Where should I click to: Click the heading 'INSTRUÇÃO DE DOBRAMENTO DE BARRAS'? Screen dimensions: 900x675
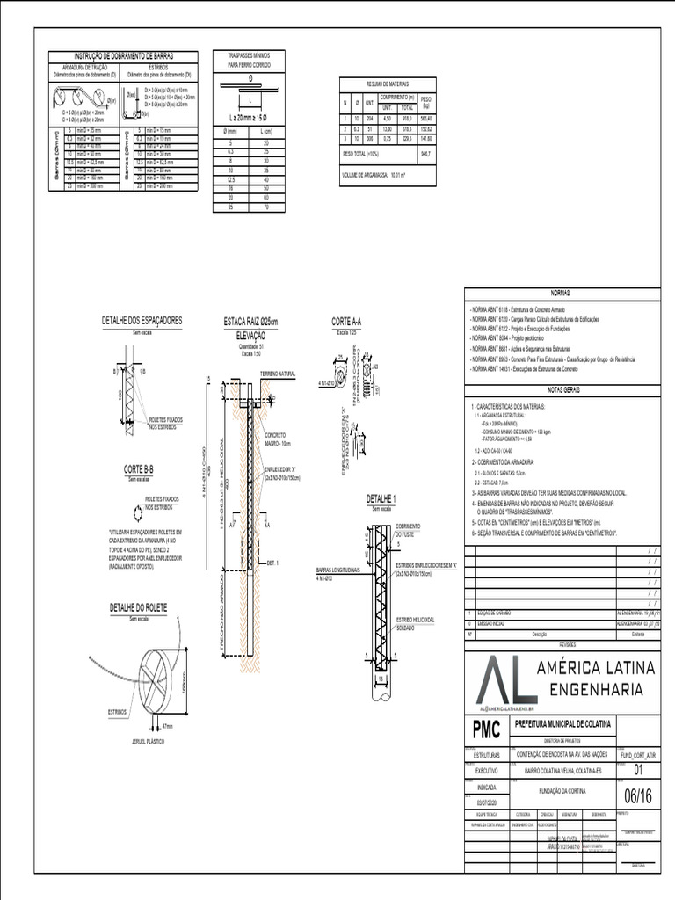tap(122, 55)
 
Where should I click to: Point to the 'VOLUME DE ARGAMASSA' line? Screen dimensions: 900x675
tap(380, 175)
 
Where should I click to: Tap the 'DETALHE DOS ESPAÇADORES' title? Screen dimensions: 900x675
tap(142, 321)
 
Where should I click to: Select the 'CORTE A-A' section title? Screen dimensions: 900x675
tap(348, 321)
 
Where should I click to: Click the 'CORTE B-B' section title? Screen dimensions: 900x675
tap(139, 468)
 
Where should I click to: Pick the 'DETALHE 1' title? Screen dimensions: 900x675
tap(381, 499)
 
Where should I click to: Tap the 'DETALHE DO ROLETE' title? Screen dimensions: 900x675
tap(138, 607)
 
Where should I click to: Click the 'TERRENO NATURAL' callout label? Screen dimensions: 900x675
tap(277, 374)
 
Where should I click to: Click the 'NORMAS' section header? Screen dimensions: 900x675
tap(560, 293)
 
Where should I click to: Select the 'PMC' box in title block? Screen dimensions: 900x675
tap(486, 729)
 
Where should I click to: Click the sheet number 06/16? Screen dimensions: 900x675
tap(639, 796)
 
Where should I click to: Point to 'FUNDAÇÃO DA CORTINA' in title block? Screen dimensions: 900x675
tap(562, 790)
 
